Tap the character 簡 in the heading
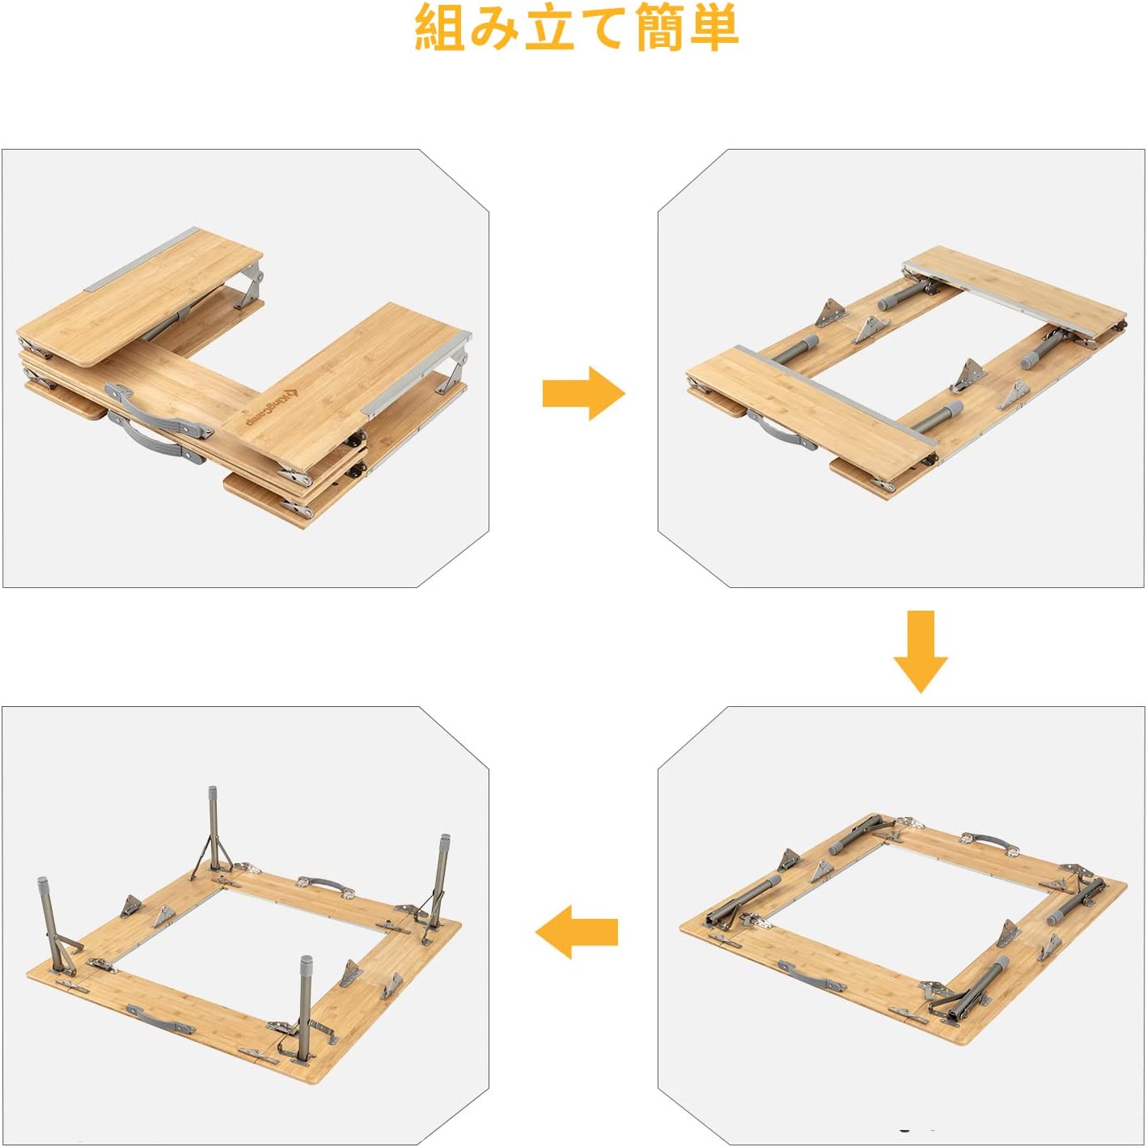click(x=659, y=28)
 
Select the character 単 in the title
click(x=714, y=28)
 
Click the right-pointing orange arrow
click(x=584, y=393)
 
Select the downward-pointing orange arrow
click(x=921, y=652)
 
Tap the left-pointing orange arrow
click(x=576, y=932)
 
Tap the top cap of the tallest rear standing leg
click(x=213, y=795)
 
